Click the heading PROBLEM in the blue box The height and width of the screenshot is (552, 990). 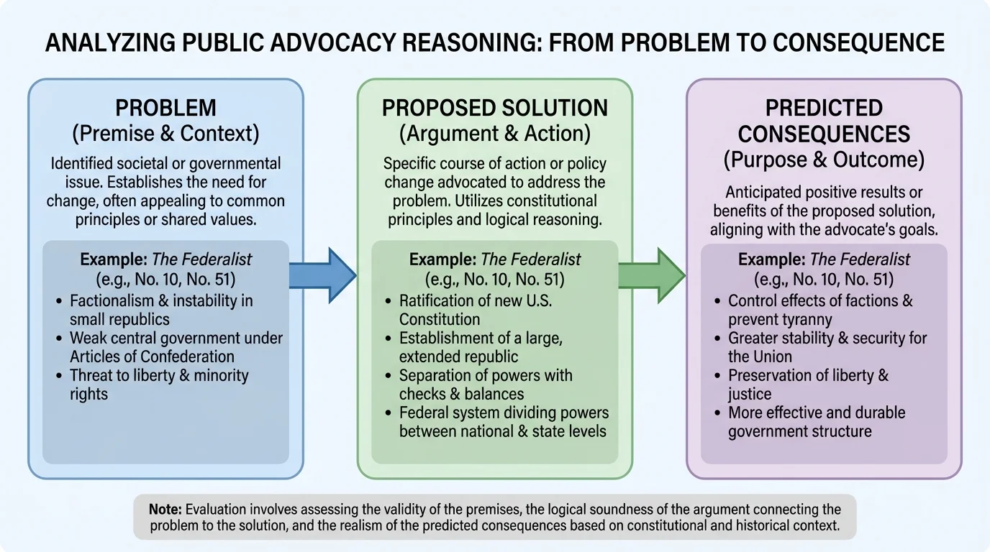tap(165, 109)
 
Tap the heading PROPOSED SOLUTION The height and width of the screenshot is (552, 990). tap(495, 109)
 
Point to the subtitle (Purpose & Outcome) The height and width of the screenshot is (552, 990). tap(824, 159)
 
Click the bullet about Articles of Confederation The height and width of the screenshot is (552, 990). tap(176, 347)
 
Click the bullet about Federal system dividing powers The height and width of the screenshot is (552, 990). tap(504, 422)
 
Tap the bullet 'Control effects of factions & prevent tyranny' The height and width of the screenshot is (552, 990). tap(820, 310)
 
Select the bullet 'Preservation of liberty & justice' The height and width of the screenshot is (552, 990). tap(808, 385)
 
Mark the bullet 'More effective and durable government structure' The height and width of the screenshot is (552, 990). tap(817, 422)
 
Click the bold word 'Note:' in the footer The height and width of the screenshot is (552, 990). tap(165, 509)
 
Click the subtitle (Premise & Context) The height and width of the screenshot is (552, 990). tap(165, 133)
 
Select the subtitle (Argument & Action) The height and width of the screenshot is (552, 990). tap(495, 133)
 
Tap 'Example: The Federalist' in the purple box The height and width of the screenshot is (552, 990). tap(824, 259)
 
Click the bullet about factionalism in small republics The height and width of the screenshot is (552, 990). tap(161, 310)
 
